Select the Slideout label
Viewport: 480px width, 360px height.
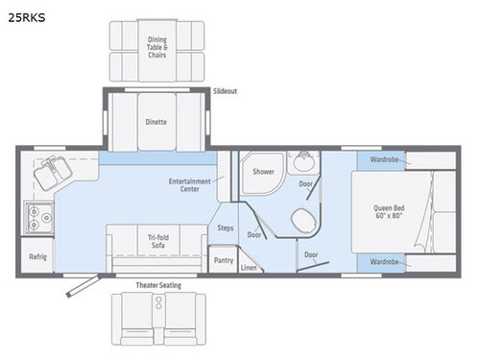(226, 91)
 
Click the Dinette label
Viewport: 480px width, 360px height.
(156, 122)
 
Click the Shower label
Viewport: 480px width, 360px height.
(263, 172)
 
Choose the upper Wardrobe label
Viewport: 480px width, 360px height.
(383, 159)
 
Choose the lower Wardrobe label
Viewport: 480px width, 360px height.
(383, 261)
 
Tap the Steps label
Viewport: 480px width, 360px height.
(226, 228)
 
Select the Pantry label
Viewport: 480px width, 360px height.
(223, 259)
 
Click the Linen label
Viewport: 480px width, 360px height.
(250, 268)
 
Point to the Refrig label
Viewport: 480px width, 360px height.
(37, 257)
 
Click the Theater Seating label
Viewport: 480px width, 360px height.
(157, 284)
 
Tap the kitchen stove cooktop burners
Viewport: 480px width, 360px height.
(38, 218)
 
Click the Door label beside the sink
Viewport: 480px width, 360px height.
(305, 183)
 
